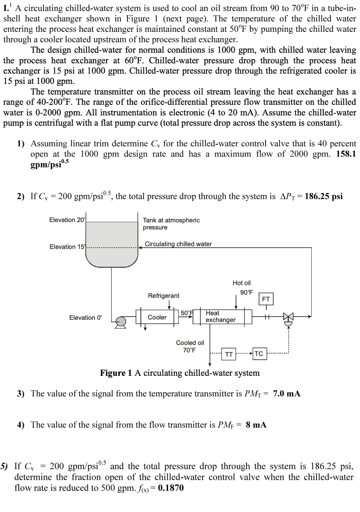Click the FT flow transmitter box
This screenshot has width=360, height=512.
[x=266, y=299]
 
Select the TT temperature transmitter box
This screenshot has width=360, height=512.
[x=229, y=354]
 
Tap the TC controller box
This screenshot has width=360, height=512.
[x=259, y=354]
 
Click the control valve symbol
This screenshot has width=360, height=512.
[x=289, y=317]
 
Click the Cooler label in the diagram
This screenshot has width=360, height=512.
[x=157, y=317]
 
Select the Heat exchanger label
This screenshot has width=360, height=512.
[x=220, y=317]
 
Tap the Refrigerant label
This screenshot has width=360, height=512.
[x=164, y=296]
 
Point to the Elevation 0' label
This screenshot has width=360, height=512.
[x=85, y=318]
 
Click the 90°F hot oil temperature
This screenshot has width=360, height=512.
[x=246, y=292]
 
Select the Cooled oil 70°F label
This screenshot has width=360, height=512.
[x=190, y=347]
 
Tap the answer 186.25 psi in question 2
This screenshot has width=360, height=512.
[x=324, y=196]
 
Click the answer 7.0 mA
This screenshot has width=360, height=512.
[x=287, y=394]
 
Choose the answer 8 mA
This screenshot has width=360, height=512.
[x=256, y=425]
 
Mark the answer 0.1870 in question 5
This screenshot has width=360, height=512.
[x=171, y=488]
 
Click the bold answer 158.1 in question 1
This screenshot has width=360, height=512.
[x=346, y=154]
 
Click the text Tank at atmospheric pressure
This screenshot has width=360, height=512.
[x=171, y=224]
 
